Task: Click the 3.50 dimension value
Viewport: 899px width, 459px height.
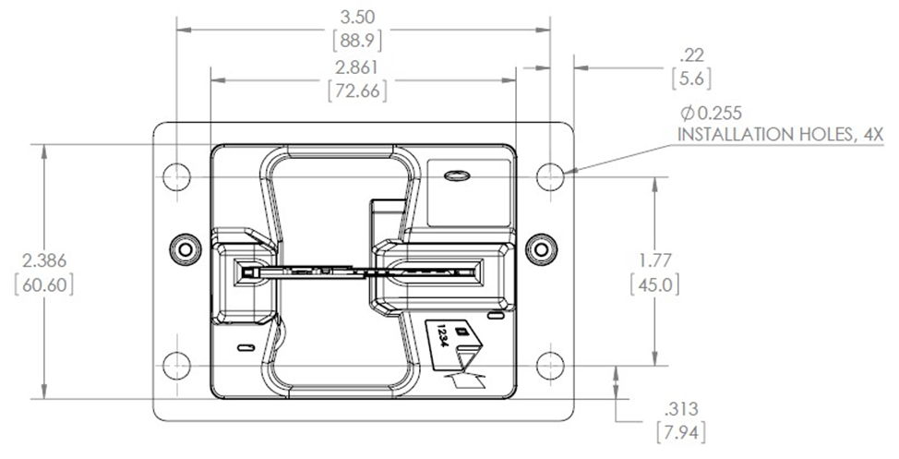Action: tap(357, 18)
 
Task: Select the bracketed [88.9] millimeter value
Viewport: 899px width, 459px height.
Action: tap(357, 41)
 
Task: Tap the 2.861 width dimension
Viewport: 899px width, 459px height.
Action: tap(356, 67)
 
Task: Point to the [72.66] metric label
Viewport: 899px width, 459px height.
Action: tap(356, 91)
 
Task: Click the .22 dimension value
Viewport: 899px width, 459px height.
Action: tap(691, 55)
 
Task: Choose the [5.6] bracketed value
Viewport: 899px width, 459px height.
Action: tap(691, 79)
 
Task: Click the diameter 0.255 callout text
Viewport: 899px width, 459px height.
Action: tap(711, 113)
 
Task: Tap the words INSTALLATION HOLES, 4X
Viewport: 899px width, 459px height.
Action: tap(781, 135)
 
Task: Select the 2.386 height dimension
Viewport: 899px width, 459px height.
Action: tap(44, 261)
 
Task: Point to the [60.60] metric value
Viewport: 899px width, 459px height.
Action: tap(44, 284)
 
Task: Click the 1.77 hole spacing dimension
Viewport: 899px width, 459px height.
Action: tap(655, 260)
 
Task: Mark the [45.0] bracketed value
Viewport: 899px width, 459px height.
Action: tap(654, 284)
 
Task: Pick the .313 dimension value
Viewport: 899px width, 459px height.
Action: tap(681, 409)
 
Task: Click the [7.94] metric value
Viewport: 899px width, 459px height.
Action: tap(681, 432)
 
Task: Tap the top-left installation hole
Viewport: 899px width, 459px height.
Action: tap(176, 176)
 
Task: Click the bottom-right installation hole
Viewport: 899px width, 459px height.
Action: tap(550, 366)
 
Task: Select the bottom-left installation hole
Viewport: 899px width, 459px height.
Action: tap(176, 366)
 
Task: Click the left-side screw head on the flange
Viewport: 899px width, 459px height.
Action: tap(186, 249)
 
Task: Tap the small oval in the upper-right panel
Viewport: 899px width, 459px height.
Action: tap(457, 175)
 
